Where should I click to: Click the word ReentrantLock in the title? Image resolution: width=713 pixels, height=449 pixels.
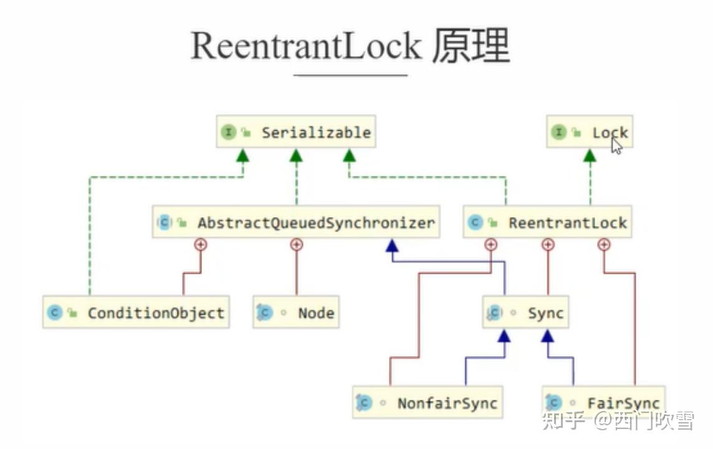306,46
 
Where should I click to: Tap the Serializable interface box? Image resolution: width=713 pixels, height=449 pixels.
296,132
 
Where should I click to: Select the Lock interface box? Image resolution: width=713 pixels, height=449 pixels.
590,132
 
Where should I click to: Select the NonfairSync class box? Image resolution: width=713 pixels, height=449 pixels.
428,402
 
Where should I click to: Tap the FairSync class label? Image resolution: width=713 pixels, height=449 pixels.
623,403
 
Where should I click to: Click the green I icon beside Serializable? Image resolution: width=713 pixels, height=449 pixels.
228,132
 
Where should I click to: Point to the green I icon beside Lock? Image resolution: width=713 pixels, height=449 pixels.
558,132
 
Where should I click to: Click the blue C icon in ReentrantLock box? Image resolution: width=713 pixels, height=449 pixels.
475,223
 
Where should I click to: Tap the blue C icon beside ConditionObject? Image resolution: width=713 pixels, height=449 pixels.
55,312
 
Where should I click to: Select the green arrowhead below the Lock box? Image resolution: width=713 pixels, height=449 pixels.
590,155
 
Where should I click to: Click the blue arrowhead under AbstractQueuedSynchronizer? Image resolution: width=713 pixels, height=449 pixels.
392,246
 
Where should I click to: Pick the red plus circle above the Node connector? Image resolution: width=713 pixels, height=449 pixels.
297,244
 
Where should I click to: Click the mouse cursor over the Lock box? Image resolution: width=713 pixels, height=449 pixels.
616,146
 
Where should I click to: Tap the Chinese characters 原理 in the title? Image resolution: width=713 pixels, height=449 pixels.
471,46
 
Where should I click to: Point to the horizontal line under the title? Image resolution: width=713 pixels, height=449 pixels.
350,75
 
